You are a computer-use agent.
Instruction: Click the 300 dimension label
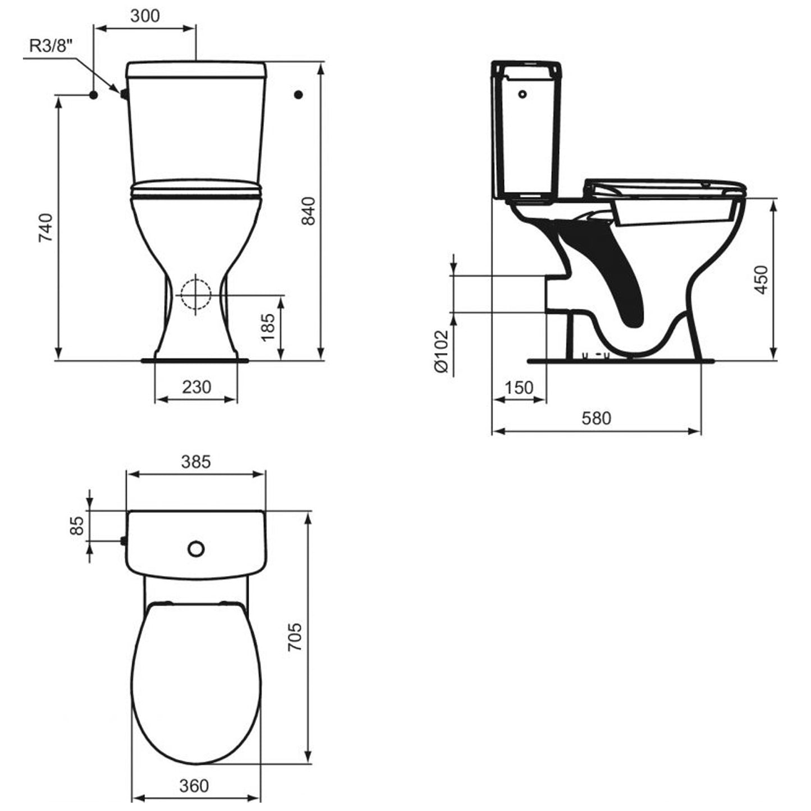click(145, 16)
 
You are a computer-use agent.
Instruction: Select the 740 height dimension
click(45, 227)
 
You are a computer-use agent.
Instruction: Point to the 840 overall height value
click(309, 211)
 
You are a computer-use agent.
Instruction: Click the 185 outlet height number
click(268, 327)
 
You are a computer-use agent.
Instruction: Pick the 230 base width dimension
click(196, 387)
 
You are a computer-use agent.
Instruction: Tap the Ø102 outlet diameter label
click(441, 351)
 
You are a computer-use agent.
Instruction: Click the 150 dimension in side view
click(519, 388)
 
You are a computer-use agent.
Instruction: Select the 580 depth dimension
click(596, 418)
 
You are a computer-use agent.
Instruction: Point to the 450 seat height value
click(761, 280)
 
